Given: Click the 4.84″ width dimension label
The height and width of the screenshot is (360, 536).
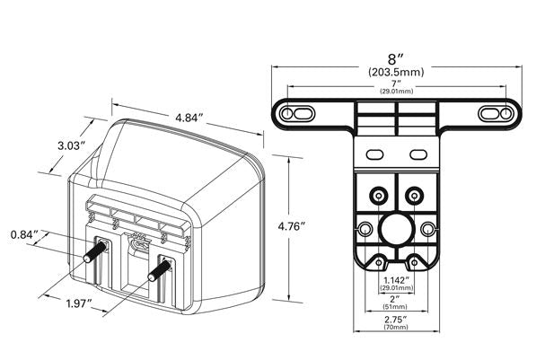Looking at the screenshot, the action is (189, 118).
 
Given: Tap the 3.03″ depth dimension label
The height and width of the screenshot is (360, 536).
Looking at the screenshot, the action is (71, 146).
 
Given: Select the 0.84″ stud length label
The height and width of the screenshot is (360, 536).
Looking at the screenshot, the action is (24, 235).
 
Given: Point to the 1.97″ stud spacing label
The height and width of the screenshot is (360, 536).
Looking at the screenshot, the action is (79, 303).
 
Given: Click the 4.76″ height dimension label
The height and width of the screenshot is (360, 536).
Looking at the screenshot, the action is (291, 226).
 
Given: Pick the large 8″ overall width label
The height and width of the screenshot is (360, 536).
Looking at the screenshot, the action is (396, 59).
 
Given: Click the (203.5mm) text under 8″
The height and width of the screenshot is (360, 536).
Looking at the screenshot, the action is (396, 72).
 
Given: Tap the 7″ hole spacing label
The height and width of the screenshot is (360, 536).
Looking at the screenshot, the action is (396, 83).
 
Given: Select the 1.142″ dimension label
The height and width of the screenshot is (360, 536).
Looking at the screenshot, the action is (396, 280).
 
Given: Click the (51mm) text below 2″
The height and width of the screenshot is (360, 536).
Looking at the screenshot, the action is (396, 307).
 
